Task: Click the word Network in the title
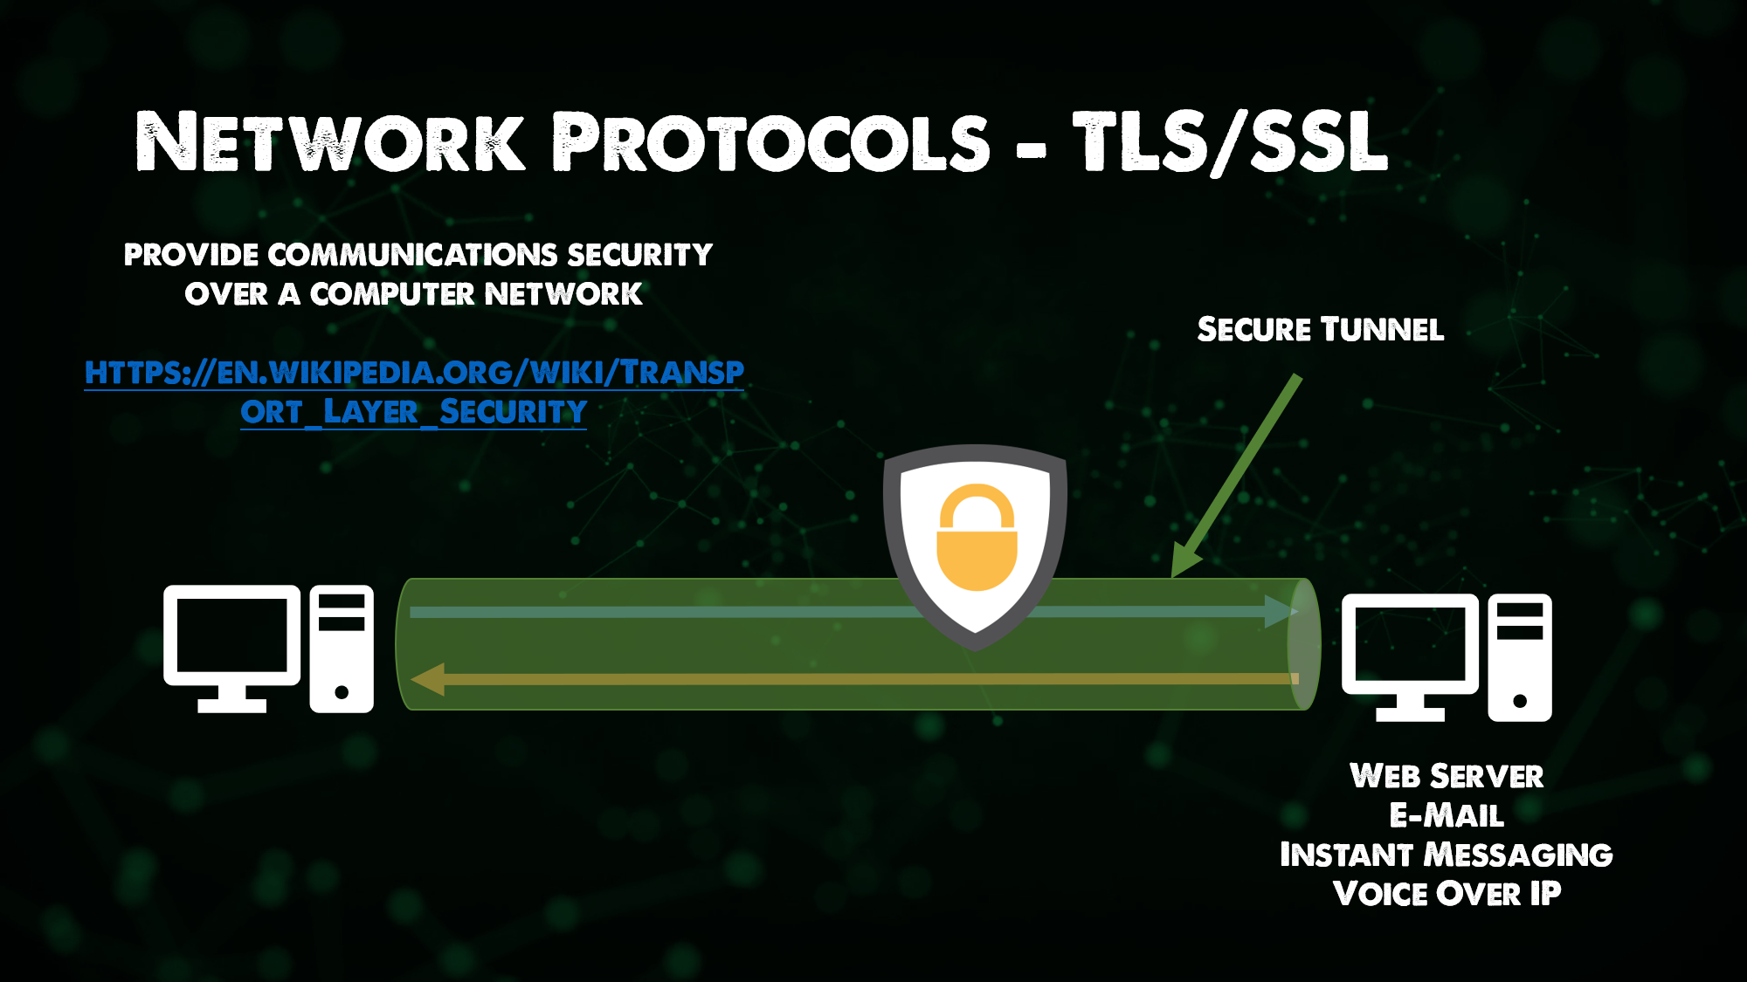[330, 141]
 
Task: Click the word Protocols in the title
[771, 141]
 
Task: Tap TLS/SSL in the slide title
[1230, 141]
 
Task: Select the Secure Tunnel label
[1320, 330]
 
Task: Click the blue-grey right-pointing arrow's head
[1281, 611]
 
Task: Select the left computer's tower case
[342, 649]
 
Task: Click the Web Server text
[1447, 776]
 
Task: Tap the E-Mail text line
[1447, 815]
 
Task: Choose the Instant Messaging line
[1447, 855]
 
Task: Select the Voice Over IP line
[1447, 894]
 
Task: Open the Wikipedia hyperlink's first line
[414, 373]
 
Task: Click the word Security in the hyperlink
[513, 412]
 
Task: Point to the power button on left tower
[342, 692]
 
